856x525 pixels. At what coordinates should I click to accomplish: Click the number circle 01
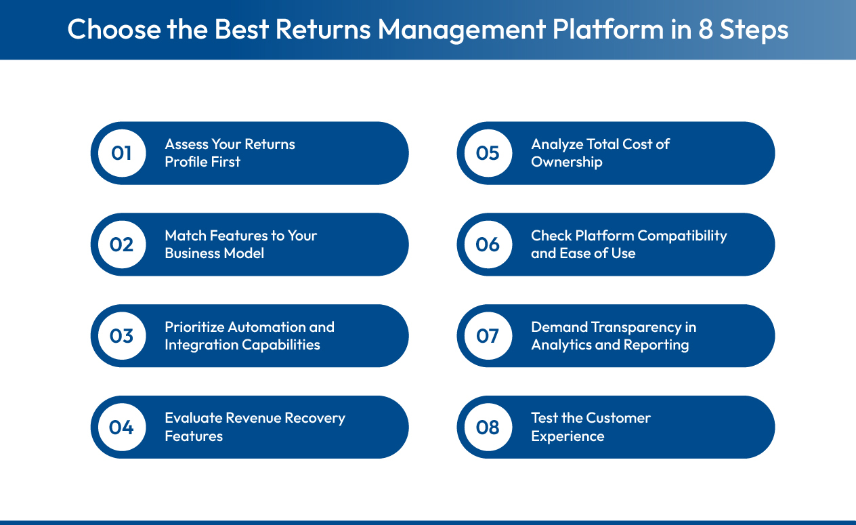(122, 153)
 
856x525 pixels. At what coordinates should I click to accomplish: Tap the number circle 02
(122, 245)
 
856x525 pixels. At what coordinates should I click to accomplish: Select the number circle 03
(122, 336)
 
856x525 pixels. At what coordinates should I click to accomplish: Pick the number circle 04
(122, 427)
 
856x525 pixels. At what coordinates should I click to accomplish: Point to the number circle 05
(488, 153)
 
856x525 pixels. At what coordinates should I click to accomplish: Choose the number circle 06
(488, 245)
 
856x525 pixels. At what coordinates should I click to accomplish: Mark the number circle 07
(488, 336)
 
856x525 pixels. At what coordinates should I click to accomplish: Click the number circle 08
(488, 427)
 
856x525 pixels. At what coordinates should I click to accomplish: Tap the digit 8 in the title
(706, 30)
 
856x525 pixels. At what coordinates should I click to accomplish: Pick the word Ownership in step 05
(567, 162)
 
